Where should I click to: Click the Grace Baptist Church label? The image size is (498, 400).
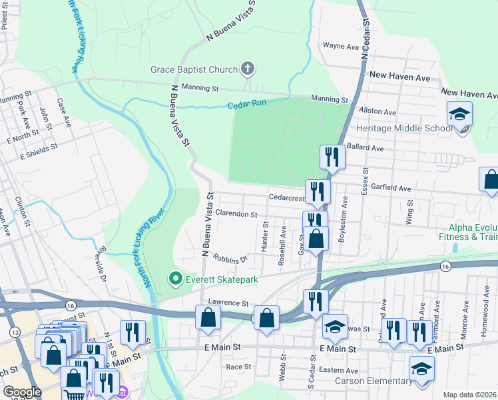tap(193, 69)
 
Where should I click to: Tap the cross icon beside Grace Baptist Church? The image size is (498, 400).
tap(247, 68)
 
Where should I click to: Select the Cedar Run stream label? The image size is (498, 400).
tap(247, 105)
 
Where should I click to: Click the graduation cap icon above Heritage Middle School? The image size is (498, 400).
tap(459, 114)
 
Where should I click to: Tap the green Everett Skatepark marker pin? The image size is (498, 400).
tap(176, 278)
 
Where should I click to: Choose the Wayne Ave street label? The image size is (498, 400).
tap(341, 46)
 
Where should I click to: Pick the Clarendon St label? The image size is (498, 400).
tap(236, 215)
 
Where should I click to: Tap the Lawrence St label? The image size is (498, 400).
tap(228, 303)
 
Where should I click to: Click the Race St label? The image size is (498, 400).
tap(238, 366)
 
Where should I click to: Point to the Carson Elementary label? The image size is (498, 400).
tap(373, 381)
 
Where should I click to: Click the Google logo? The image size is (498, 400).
tap(22, 392)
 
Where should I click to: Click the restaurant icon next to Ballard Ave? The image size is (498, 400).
tap(331, 157)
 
